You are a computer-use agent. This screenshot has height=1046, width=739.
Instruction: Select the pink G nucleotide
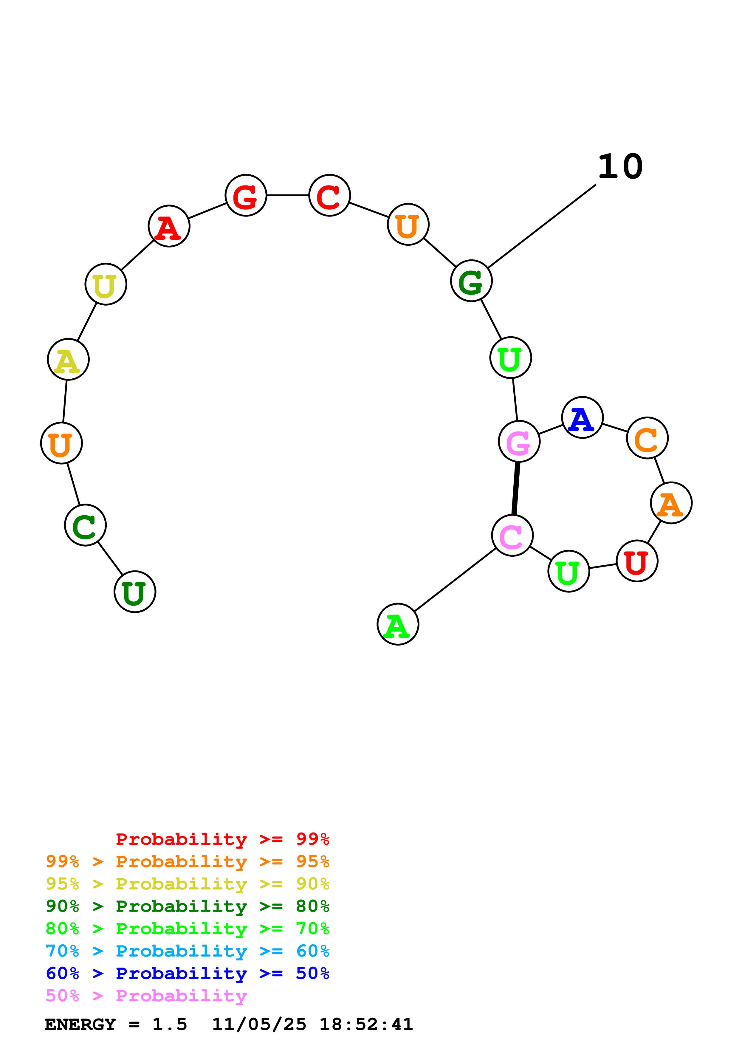tap(519, 442)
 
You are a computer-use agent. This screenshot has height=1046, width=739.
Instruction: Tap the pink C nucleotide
tap(512, 536)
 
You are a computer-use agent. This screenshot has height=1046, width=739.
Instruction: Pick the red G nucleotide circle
tap(246, 195)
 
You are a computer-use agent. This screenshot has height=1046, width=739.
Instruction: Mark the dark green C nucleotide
tap(86, 525)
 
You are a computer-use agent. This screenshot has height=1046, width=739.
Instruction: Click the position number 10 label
tap(620, 167)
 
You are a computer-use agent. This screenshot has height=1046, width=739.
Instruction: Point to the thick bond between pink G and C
tap(515, 488)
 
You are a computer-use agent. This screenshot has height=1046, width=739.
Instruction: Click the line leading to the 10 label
tap(542, 226)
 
